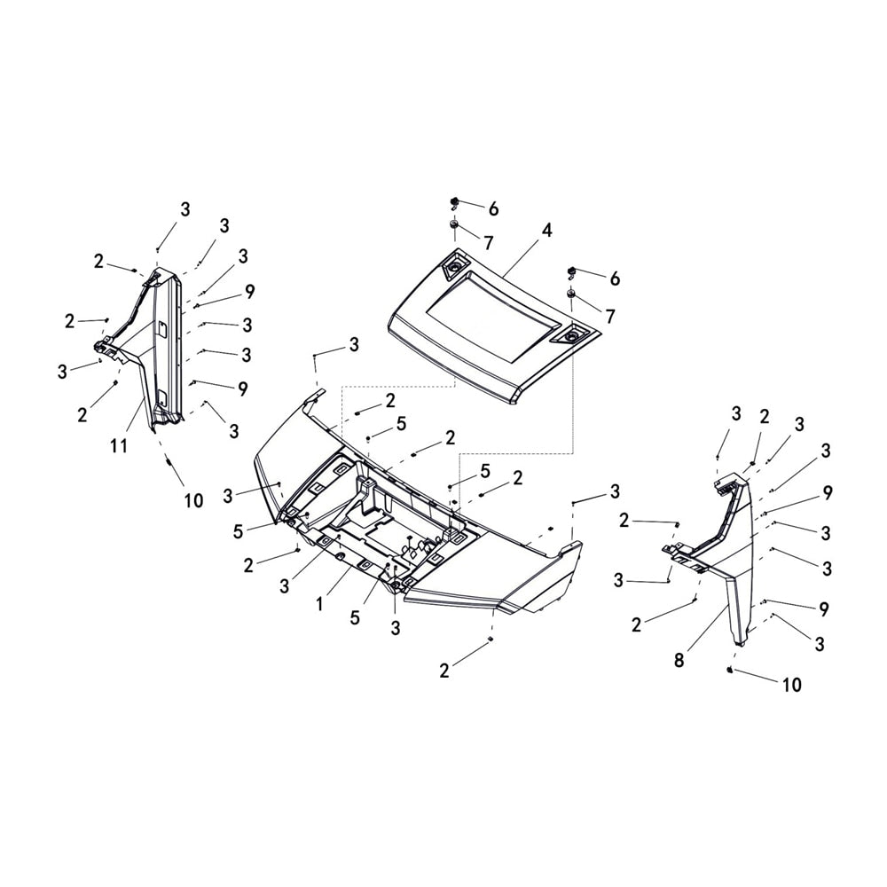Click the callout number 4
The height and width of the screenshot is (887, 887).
click(547, 231)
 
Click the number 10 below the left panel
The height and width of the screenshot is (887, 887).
click(193, 500)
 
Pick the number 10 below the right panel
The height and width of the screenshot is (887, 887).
click(791, 685)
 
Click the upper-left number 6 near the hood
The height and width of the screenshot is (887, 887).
click(493, 209)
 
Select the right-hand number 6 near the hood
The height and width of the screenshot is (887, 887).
click(614, 278)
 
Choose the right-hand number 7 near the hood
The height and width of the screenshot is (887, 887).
click(609, 316)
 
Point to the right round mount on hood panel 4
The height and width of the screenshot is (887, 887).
click(573, 335)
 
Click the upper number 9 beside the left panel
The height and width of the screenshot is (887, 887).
click(250, 291)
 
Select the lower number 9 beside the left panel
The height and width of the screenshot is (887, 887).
click(241, 389)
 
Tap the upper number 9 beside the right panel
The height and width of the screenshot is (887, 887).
click(827, 493)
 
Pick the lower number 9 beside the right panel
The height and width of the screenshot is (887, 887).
click(824, 609)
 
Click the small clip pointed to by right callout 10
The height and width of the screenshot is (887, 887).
click(729, 669)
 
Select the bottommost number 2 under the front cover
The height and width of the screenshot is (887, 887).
click(443, 671)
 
